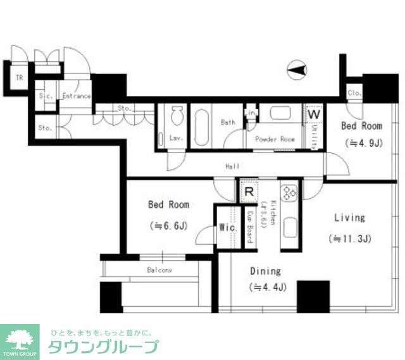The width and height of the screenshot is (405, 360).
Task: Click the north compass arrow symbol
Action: click(x=297, y=69)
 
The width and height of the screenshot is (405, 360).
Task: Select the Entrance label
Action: click(x=77, y=97)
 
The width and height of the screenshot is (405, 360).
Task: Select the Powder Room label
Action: click(x=275, y=139)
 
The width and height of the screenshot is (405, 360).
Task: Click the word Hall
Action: click(x=232, y=166)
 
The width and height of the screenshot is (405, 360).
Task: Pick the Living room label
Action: click(x=349, y=218)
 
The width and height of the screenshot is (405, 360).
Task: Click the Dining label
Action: click(x=265, y=271)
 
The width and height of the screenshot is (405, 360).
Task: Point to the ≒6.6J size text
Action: click(x=168, y=225)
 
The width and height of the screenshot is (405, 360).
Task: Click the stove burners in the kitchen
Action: click(x=290, y=192)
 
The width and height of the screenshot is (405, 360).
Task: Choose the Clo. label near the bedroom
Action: click(x=354, y=94)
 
